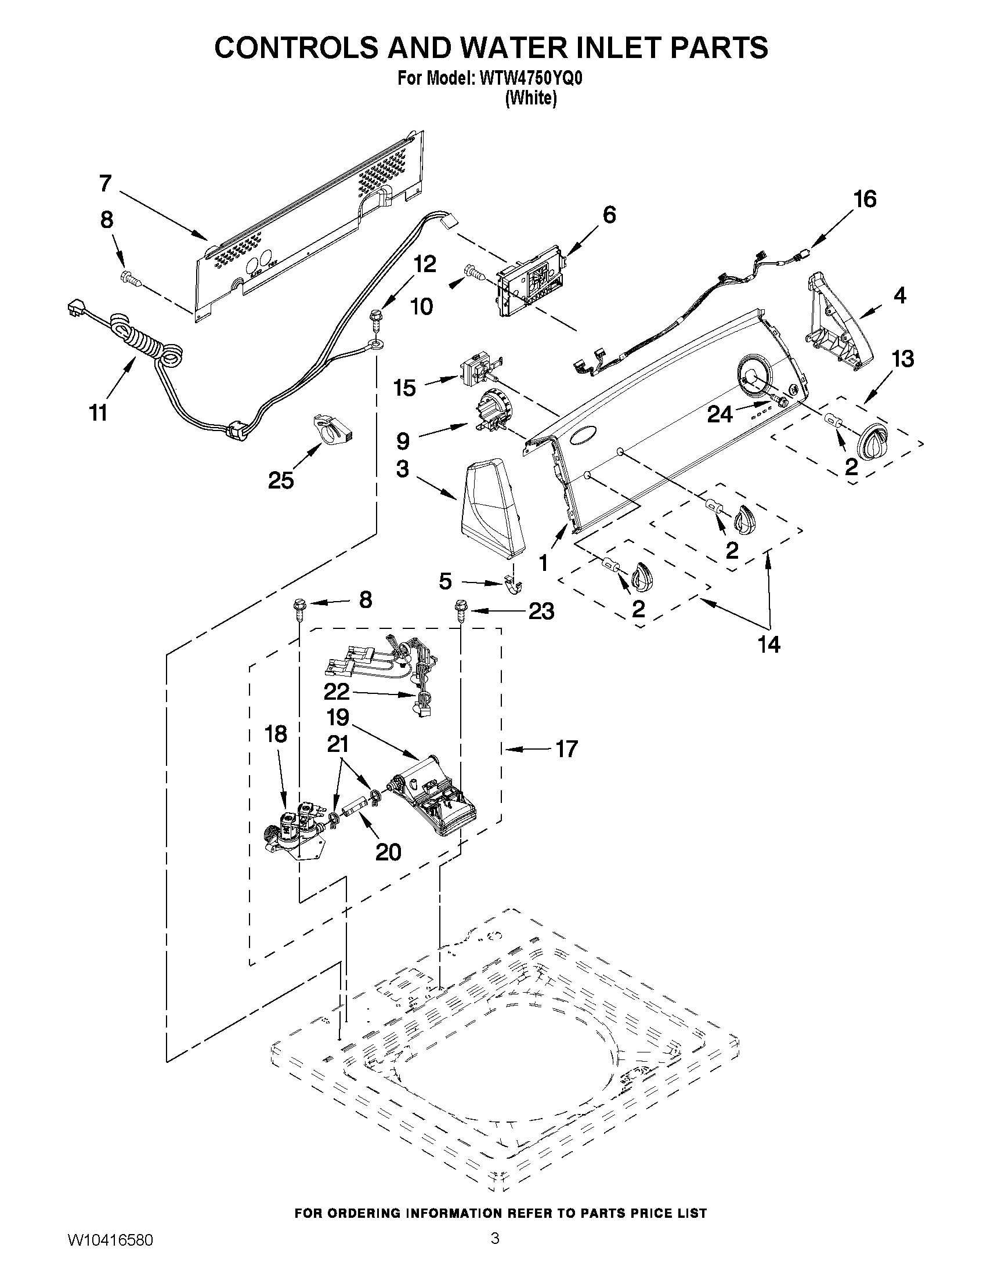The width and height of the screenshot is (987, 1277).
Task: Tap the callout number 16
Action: click(x=865, y=200)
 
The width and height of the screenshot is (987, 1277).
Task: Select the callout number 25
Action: click(x=281, y=480)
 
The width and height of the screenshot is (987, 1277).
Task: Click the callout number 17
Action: click(x=566, y=748)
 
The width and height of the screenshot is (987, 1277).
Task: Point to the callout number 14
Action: click(x=769, y=645)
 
